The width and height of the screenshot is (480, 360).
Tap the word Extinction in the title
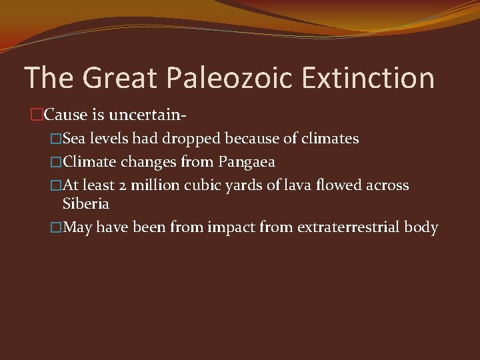(x=368, y=78)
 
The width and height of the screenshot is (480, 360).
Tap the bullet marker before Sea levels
(x=56, y=139)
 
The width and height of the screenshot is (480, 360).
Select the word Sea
(x=73, y=139)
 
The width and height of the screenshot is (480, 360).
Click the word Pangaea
(x=247, y=161)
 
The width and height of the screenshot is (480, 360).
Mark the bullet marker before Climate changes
(x=56, y=161)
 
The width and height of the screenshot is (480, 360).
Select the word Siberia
(x=85, y=203)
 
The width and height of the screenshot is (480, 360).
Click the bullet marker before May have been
(x=56, y=227)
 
